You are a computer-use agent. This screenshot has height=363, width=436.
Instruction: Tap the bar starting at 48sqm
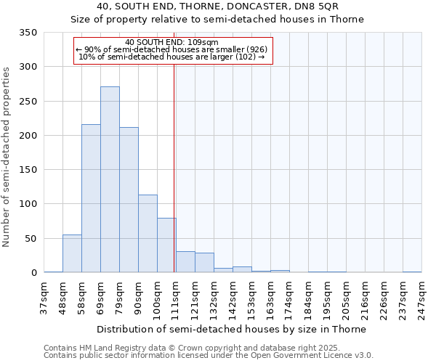[x=72, y=254]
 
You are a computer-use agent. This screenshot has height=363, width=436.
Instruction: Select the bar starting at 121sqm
[x=204, y=263]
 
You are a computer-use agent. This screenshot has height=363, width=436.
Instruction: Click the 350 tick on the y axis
[x=28, y=33]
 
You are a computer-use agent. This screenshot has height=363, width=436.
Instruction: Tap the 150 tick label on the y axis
[x=28, y=170]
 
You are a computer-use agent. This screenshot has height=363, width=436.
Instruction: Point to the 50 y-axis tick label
[x=31, y=239]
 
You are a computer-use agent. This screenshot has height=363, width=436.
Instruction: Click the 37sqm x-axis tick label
[x=44, y=298]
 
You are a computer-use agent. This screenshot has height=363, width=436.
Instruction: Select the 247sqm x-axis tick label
[x=421, y=298]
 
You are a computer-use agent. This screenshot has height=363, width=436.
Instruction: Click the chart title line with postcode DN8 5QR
[x=218, y=7]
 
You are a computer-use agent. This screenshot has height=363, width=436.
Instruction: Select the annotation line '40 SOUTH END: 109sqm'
[x=171, y=42]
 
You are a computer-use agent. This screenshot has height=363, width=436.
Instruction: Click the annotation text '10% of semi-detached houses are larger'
[x=171, y=57]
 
